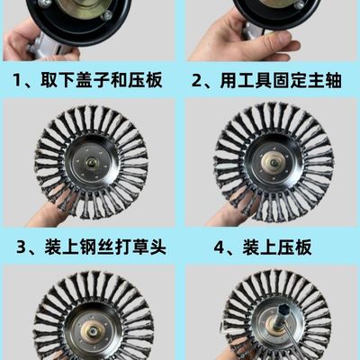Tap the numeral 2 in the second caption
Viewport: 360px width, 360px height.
click(x=199, y=80)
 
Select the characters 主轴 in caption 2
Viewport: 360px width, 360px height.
click(x=321, y=80)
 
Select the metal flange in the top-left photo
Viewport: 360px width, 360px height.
click(x=85, y=11)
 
